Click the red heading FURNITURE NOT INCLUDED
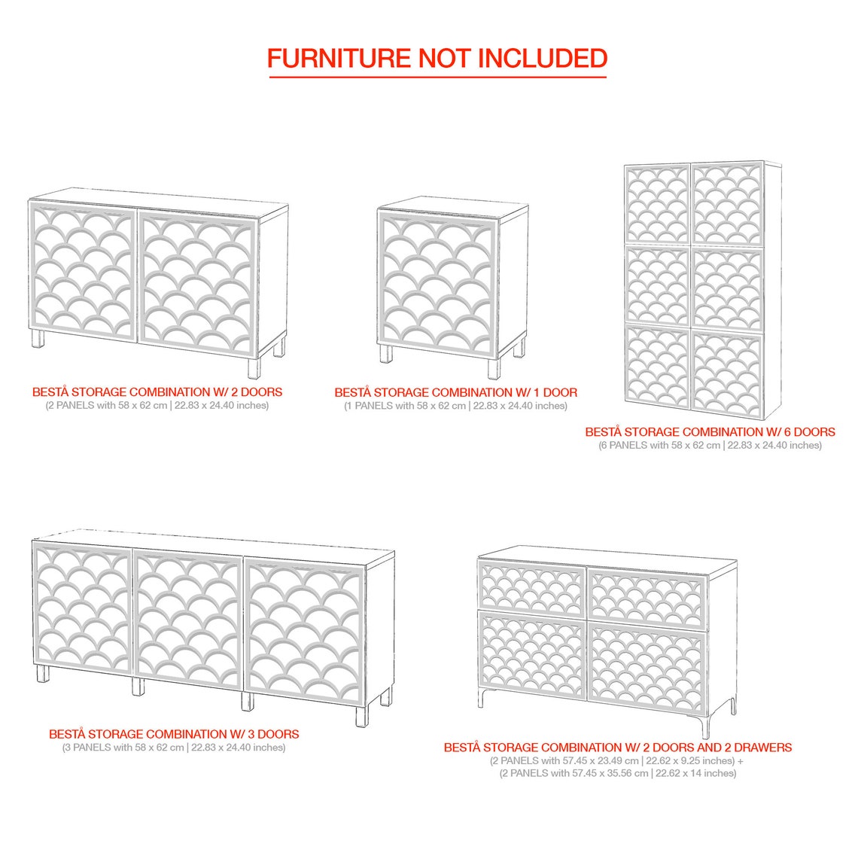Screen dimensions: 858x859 (x=437, y=59)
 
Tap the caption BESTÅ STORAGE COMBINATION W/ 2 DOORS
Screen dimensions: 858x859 (x=157, y=392)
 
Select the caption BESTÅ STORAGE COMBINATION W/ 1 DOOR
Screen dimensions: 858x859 (x=455, y=393)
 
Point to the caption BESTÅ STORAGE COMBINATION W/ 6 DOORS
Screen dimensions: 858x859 (x=710, y=432)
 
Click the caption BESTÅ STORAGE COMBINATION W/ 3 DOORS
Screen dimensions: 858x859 (x=174, y=734)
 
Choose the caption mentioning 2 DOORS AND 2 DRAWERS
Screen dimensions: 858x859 (x=618, y=748)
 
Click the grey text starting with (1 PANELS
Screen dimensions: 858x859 (x=455, y=406)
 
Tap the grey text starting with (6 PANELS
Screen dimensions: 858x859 (x=710, y=446)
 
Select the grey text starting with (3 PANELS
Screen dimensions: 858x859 (x=174, y=748)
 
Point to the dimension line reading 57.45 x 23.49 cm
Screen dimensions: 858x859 (x=616, y=761)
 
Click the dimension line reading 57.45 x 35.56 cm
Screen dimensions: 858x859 (x=618, y=773)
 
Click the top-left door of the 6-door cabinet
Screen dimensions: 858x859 (x=658, y=204)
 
